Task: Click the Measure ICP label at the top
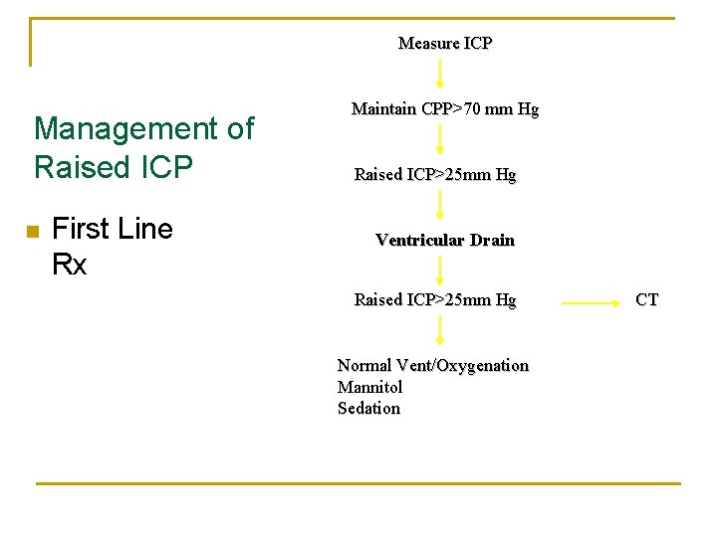444,43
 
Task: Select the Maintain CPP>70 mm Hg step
444,109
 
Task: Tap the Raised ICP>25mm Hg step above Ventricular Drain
435,175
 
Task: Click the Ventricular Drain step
444,240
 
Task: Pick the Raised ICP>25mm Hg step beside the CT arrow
435,299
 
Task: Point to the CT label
646,299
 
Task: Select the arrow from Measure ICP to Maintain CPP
440,75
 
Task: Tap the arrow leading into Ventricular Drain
440,206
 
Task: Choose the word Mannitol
369,387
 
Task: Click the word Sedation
368,408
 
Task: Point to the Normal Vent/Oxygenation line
432,365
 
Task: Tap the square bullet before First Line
33,232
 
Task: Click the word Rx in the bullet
69,266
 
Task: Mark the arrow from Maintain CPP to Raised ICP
440,141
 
